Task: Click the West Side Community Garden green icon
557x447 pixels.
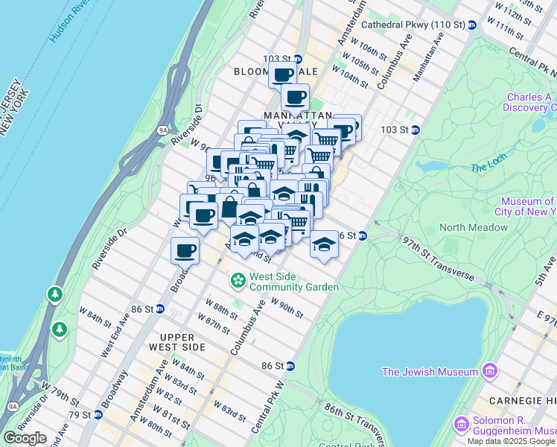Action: pyautogui.click(x=238, y=281)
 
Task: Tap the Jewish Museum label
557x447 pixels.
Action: pyautogui.click(x=428, y=372)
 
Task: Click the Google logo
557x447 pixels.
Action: pyautogui.click(x=25, y=438)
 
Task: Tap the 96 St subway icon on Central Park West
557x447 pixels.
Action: pyautogui.click(x=362, y=236)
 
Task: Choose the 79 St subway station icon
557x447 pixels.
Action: pyautogui.click(x=98, y=414)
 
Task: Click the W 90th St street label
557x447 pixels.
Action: pyautogui.click(x=287, y=308)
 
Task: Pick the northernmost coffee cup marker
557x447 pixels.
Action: pyautogui.click(x=283, y=74)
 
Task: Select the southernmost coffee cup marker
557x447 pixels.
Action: pyautogui.click(x=185, y=250)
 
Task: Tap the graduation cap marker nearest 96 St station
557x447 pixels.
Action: pyautogui.click(x=324, y=244)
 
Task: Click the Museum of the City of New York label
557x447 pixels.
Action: pyautogui.click(x=528, y=206)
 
